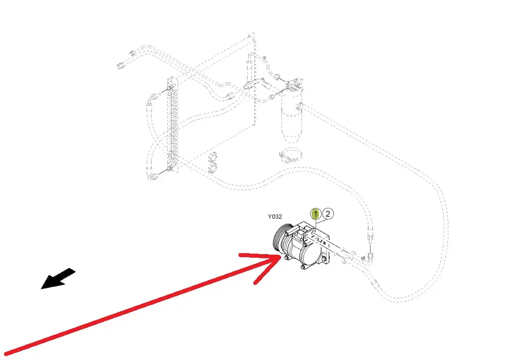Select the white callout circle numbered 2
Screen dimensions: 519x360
point(328,214)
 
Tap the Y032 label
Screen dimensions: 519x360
point(275,217)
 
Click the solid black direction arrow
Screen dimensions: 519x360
point(57,279)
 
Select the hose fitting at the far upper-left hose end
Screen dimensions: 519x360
point(120,65)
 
